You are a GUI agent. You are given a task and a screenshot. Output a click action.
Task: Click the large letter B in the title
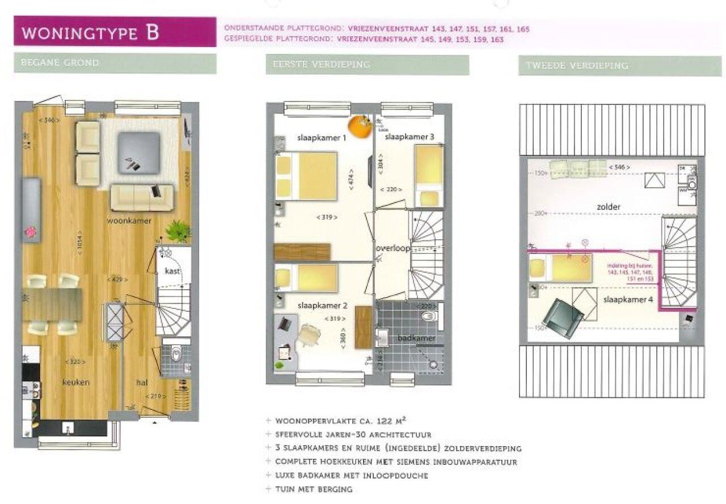coord(151,32)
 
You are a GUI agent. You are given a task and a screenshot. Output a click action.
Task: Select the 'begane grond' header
coord(60,62)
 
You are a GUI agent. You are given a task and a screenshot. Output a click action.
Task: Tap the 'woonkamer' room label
coord(129,221)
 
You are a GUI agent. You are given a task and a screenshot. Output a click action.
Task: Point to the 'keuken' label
coord(75,383)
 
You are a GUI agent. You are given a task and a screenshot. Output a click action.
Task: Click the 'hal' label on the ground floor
coord(143,383)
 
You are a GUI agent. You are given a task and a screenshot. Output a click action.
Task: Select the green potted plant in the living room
coord(178,231)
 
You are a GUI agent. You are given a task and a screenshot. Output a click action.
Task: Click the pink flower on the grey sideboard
coord(29,232)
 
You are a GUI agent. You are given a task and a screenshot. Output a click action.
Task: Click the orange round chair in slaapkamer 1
coord(358,126)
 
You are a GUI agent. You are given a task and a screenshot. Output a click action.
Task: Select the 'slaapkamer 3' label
coord(409,137)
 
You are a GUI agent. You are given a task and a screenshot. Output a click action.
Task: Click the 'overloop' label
coord(392,249)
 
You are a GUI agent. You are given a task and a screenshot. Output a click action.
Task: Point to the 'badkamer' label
coord(416,338)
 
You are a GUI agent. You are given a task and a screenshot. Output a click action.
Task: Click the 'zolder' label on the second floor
coord(608,207)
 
